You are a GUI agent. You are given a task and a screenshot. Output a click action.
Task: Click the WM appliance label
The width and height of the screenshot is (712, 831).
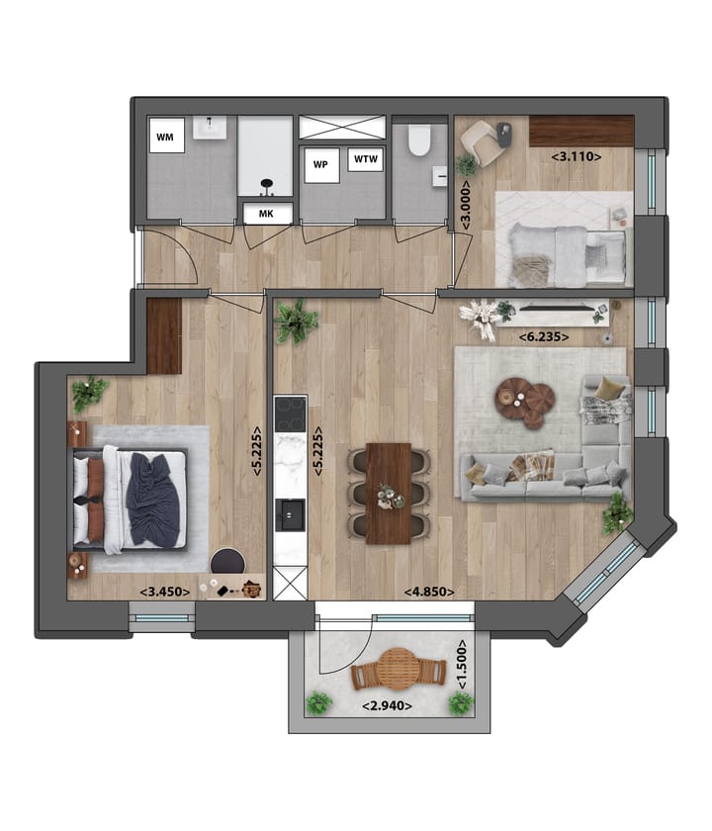pyautogui.click(x=166, y=138)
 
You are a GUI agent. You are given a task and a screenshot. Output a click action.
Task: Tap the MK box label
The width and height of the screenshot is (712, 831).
pyautogui.click(x=266, y=214)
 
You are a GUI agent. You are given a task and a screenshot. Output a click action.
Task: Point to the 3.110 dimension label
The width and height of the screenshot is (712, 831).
pyautogui.click(x=578, y=155)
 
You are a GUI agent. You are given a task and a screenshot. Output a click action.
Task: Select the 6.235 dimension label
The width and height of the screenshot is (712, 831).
pyautogui.click(x=549, y=336)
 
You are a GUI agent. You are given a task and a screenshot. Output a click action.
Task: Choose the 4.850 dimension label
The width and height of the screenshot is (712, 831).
pyautogui.click(x=429, y=592)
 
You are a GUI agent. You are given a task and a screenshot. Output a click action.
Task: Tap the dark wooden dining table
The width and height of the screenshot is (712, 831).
pyautogui.click(x=389, y=493)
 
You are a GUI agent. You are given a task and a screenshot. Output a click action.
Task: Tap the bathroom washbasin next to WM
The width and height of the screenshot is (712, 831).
pyautogui.click(x=211, y=129)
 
